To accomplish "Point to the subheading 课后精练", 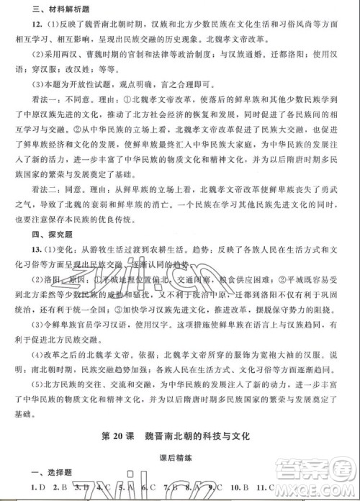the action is point(180,456).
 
